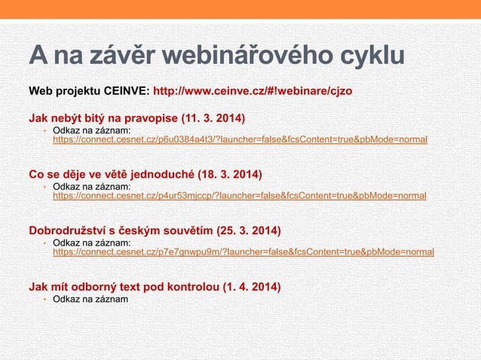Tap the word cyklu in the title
tap(366, 56)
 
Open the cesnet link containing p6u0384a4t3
tap(239, 140)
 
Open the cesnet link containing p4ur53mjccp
tap(239, 196)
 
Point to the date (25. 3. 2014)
tap(248, 230)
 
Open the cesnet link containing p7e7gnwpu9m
tap(243, 252)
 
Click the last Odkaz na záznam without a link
tap(90, 300)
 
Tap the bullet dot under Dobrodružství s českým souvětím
tap(44, 243)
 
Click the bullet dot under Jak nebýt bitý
tap(44, 131)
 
